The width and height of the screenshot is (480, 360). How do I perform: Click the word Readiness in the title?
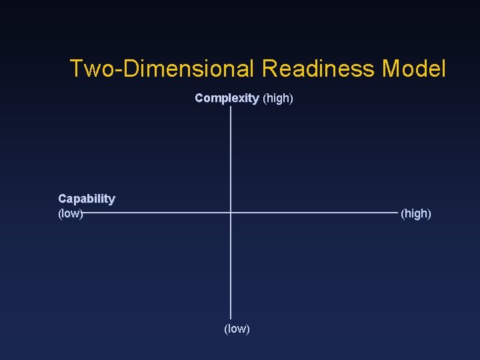pyautogui.click(x=318, y=69)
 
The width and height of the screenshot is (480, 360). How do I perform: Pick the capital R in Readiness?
pyautogui.click(x=269, y=69)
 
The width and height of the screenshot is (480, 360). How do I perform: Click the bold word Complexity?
pyautogui.click(x=227, y=99)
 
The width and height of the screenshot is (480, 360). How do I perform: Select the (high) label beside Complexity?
pyautogui.click(x=278, y=99)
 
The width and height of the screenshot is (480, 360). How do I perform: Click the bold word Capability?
pyautogui.click(x=87, y=199)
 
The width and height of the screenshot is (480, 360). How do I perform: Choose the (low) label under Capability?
pyautogui.click(x=70, y=213)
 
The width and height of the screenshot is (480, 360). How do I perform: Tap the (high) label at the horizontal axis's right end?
pyautogui.click(x=415, y=214)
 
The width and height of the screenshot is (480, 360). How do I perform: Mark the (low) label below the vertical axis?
pyautogui.click(x=237, y=329)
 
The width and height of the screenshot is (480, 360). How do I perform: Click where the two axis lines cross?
pyautogui.click(x=231, y=213)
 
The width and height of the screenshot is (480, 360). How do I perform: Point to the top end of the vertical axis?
pyautogui.click(x=231, y=107)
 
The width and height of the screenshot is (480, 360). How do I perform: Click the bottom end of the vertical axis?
pyautogui.click(x=231, y=317)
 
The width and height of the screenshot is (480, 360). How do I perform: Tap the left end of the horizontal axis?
pyautogui.click(x=83, y=213)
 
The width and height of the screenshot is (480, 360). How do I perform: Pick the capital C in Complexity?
pyautogui.click(x=199, y=99)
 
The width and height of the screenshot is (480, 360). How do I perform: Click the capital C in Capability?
pyautogui.click(x=63, y=199)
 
